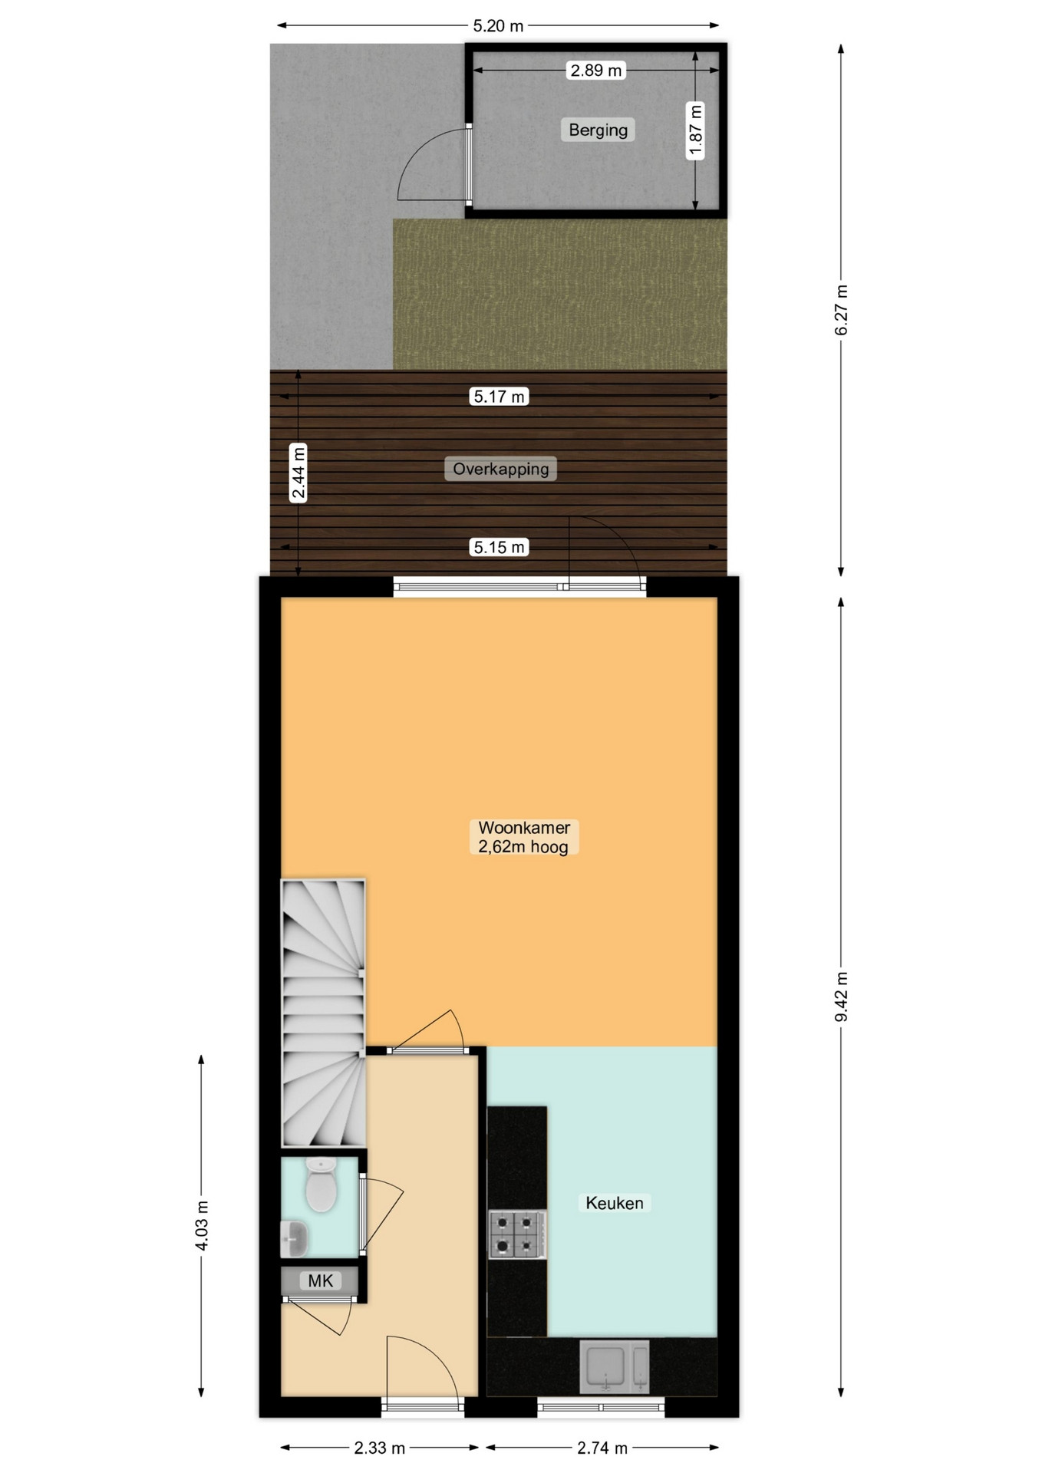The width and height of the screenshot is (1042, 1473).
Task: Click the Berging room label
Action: click(x=598, y=130)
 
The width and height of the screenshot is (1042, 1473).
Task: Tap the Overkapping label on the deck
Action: click(x=500, y=469)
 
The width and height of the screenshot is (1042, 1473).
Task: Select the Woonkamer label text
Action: click(x=524, y=828)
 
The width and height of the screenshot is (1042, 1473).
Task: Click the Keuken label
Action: click(x=614, y=1203)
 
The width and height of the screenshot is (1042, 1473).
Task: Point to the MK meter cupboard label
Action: click(x=320, y=1280)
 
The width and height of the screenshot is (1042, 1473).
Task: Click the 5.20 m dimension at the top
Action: click(x=498, y=26)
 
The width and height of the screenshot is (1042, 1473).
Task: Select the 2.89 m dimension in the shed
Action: click(x=595, y=71)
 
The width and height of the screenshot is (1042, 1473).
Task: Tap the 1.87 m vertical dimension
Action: click(x=695, y=130)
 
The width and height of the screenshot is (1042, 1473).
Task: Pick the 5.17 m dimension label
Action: click(x=500, y=397)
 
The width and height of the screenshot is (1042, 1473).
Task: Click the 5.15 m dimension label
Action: click(x=500, y=547)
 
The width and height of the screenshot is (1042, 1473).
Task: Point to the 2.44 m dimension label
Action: click(x=298, y=473)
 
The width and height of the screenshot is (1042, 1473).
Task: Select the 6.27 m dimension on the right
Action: click(x=842, y=309)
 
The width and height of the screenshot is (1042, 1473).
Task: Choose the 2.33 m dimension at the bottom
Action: click(x=379, y=1448)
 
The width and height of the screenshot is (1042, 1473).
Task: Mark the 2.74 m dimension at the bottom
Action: click(x=602, y=1448)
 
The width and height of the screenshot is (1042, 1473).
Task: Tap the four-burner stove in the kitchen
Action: click(x=517, y=1234)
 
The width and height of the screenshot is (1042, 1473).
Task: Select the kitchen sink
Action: click(x=615, y=1366)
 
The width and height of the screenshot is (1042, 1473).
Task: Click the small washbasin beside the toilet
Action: click(x=295, y=1238)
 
